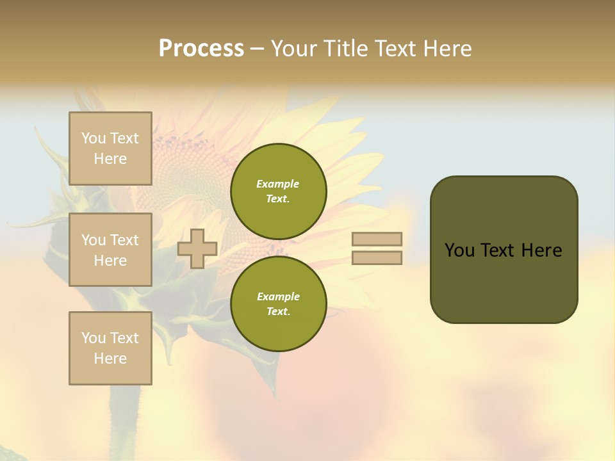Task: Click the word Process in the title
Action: click(201, 49)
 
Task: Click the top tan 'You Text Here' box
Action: click(110, 149)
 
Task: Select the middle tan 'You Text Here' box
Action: click(110, 250)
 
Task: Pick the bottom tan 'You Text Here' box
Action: click(110, 348)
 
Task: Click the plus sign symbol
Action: click(197, 248)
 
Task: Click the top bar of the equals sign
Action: click(377, 239)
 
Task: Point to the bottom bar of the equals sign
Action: click(377, 258)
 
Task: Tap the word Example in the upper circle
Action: click(277, 184)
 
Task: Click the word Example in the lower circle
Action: click(278, 296)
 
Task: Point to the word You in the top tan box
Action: click(94, 138)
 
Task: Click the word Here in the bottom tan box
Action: click(110, 359)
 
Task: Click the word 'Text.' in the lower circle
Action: click(278, 312)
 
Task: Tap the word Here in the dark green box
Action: click(541, 250)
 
